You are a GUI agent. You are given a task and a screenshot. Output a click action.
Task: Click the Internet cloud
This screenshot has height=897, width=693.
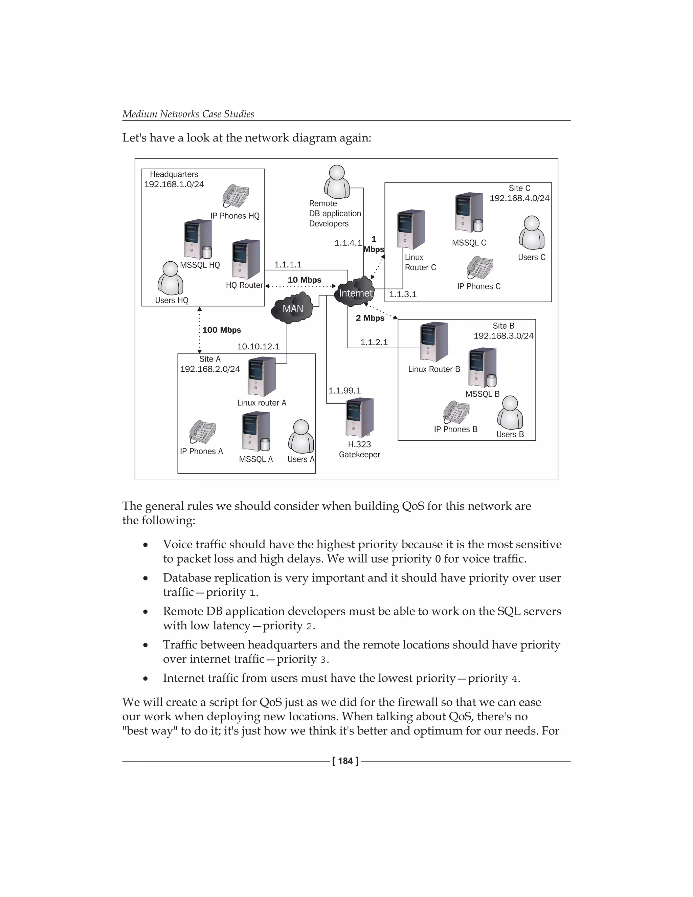(355, 292)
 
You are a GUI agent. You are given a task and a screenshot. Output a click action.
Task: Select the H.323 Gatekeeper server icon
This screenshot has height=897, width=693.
(360, 418)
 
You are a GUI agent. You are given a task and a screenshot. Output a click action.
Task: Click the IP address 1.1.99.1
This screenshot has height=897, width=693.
(344, 391)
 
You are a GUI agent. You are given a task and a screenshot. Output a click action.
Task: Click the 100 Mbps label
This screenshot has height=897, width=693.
(222, 330)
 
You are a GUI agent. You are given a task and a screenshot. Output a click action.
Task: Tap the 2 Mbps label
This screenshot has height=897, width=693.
(370, 318)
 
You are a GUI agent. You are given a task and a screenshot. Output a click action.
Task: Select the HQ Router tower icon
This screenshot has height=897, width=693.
(246, 260)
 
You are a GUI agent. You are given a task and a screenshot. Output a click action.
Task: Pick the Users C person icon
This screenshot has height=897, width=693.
(532, 233)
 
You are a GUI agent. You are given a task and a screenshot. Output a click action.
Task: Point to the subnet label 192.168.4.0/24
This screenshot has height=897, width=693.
(519, 198)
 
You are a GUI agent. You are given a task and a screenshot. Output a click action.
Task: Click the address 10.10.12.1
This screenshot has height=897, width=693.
(258, 347)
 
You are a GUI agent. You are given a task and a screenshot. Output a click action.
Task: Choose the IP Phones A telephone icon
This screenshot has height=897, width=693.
(202, 432)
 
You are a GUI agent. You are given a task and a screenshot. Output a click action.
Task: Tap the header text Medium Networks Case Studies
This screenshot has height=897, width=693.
(188, 114)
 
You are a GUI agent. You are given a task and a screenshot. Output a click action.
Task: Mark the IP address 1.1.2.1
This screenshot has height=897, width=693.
(374, 342)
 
